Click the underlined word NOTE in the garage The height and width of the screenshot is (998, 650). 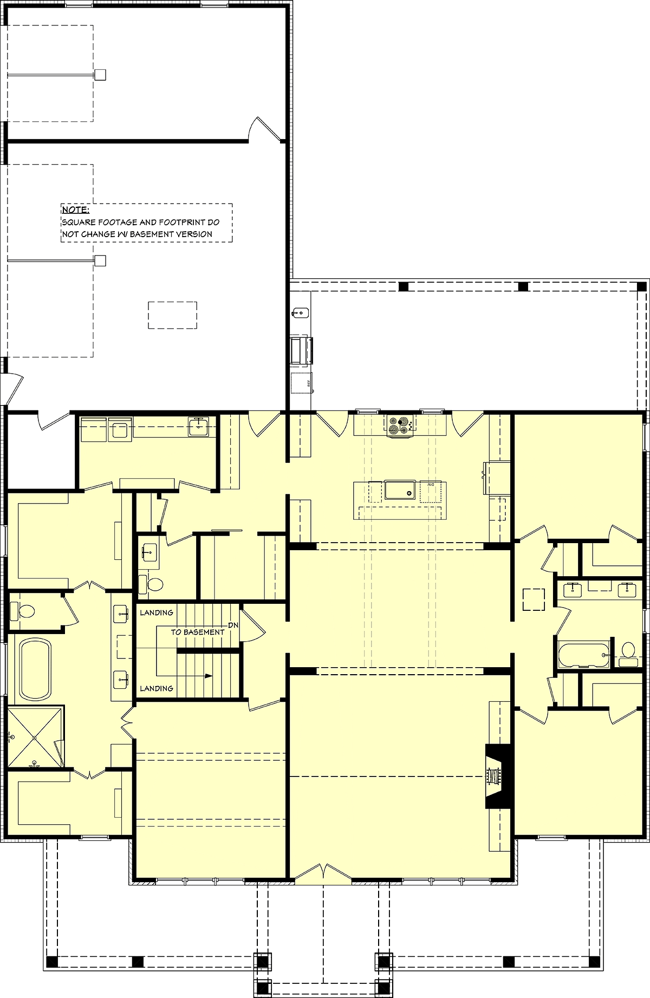(75, 210)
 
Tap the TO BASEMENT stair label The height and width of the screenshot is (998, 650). (197, 632)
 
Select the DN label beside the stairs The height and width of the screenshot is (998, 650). (233, 625)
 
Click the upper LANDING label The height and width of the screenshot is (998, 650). (157, 612)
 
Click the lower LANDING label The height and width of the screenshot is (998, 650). (157, 688)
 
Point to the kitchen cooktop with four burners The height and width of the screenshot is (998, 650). (400, 424)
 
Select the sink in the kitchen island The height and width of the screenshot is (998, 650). (400, 491)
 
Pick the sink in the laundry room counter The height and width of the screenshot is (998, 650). (199, 426)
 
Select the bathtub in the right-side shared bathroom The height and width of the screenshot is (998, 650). (582, 655)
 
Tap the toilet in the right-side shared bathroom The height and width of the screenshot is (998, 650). (628, 651)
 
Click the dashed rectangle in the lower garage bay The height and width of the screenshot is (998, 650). (172, 315)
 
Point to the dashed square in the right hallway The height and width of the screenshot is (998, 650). (534, 599)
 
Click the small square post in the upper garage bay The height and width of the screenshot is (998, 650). (100, 75)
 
